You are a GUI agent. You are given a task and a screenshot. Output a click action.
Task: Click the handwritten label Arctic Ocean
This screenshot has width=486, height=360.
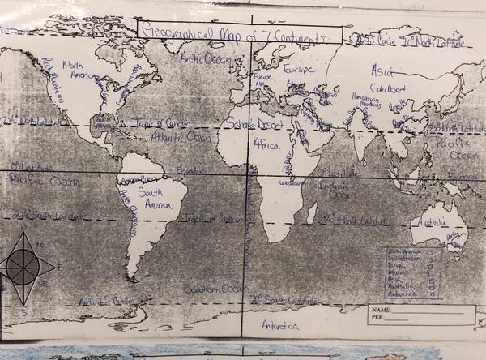206,58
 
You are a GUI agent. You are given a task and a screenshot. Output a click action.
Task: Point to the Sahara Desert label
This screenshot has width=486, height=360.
253,125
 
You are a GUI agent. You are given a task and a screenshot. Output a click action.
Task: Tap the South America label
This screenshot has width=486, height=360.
155,199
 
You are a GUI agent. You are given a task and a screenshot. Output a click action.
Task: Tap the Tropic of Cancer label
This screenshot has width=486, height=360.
159,123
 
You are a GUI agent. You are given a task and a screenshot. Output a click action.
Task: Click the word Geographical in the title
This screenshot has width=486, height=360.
173,32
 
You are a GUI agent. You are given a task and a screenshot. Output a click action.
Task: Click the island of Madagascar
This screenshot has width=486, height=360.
310,213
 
